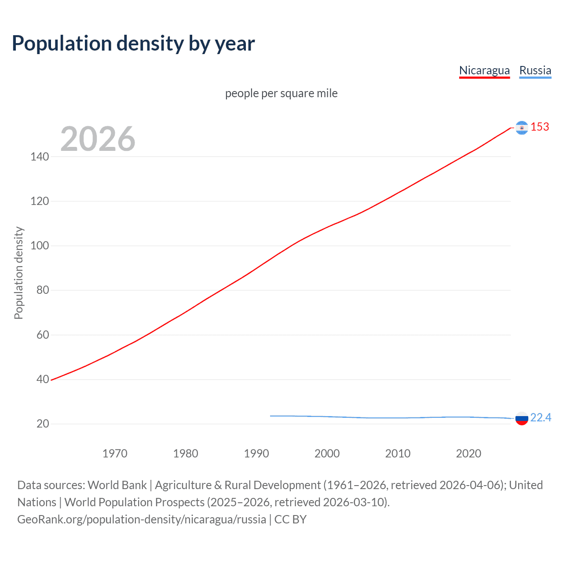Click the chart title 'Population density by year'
(133, 44)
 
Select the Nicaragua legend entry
(484, 70)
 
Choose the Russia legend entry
(535, 70)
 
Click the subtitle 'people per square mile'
(281, 93)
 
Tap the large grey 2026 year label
(98, 139)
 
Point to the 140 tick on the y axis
(40, 157)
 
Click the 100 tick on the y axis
(40, 245)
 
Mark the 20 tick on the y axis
(43, 424)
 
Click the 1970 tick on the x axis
(115, 453)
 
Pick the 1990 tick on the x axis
(256, 453)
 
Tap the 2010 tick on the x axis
(398, 453)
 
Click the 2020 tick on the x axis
(468, 453)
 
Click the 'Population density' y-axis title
(18, 273)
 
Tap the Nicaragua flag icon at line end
(522, 128)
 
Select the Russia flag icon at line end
(522, 419)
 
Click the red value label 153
(540, 127)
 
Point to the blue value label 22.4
(541, 417)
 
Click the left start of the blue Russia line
(271, 416)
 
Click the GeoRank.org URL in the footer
(142, 519)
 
